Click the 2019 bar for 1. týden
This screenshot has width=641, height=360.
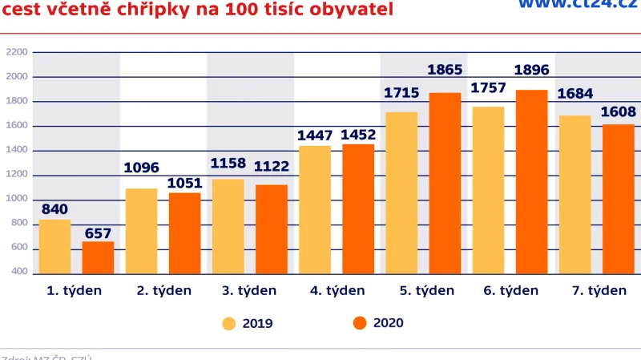click(x=54, y=247)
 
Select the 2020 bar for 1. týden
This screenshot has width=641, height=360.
click(x=98, y=257)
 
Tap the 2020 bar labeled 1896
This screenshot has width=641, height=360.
click(x=531, y=182)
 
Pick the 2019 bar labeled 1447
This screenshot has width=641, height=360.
click(x=315, y=210)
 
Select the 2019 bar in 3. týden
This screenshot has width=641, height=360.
click(x=228, y=227)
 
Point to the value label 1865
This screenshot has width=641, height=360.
click(x=445, y=71)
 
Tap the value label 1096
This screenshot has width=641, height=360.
click(x=142, y=168)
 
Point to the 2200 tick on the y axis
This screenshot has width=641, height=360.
click(x=17, y=53)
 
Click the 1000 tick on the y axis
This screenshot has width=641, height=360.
click(x=17, y=200)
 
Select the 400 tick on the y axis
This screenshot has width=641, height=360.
click(x=17, y=273)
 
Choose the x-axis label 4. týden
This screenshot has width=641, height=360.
click(x=337, y=291)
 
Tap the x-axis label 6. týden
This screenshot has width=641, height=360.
click(x=511, y=291)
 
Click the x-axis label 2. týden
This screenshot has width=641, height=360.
click(x=164, y=291)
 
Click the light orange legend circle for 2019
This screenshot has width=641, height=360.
click(x=229, y=324)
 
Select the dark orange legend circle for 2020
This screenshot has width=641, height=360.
click(x=360, y=323)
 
